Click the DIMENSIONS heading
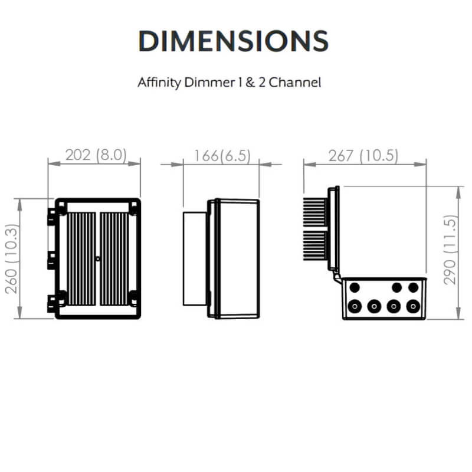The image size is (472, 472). pyautogui.click(x=233, y=40)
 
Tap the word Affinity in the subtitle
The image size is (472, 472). pyautogui.click(x=159, y=82)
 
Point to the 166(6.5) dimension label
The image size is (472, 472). pyautogui.click(x=222, y=156)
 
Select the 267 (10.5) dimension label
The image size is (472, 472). pyautogui.click(x=364, y=156)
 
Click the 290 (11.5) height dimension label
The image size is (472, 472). pyautogui.click(x=451, y=250)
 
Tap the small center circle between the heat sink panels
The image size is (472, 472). pyautogui.click(x=97, y=258)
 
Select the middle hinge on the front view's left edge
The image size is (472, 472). pyautogui.click(x=53, y=258)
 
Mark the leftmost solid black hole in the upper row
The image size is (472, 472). pyautogui.click(x=355, y=287)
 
